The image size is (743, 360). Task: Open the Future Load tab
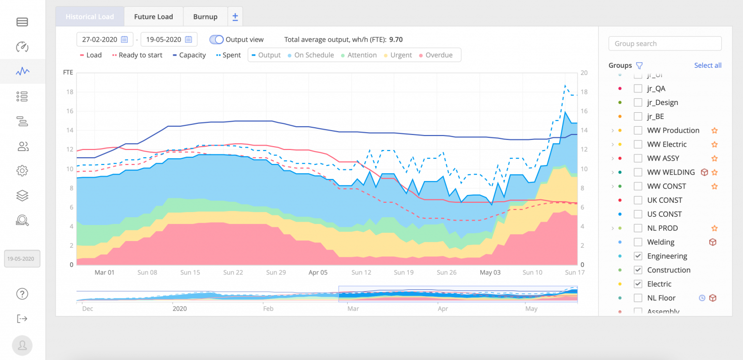coord(153,16)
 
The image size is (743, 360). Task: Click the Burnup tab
coord(205,16)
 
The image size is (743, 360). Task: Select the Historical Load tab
coord(90,16)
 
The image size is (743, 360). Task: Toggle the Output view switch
coord(217,40)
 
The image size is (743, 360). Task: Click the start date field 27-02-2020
coord(104,40)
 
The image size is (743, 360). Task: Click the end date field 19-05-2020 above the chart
coord(168,40)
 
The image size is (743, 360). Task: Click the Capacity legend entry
coord(189,55)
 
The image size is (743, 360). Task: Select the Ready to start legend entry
coord(137,55)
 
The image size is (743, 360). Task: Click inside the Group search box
coord(665,44)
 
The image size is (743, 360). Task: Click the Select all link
coord(708,65)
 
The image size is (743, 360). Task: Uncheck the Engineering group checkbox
coord(638,256)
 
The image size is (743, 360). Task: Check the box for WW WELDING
coord(638,172)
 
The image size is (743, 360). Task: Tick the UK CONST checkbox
coord(638,200)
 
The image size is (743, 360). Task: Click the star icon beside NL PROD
coord(714,228)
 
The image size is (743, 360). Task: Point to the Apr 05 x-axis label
coord(318,272)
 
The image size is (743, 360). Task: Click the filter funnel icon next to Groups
coord(639,66)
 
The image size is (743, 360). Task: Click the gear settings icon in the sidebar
coord(22,171)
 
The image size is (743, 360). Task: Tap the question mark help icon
coord(22,294)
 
